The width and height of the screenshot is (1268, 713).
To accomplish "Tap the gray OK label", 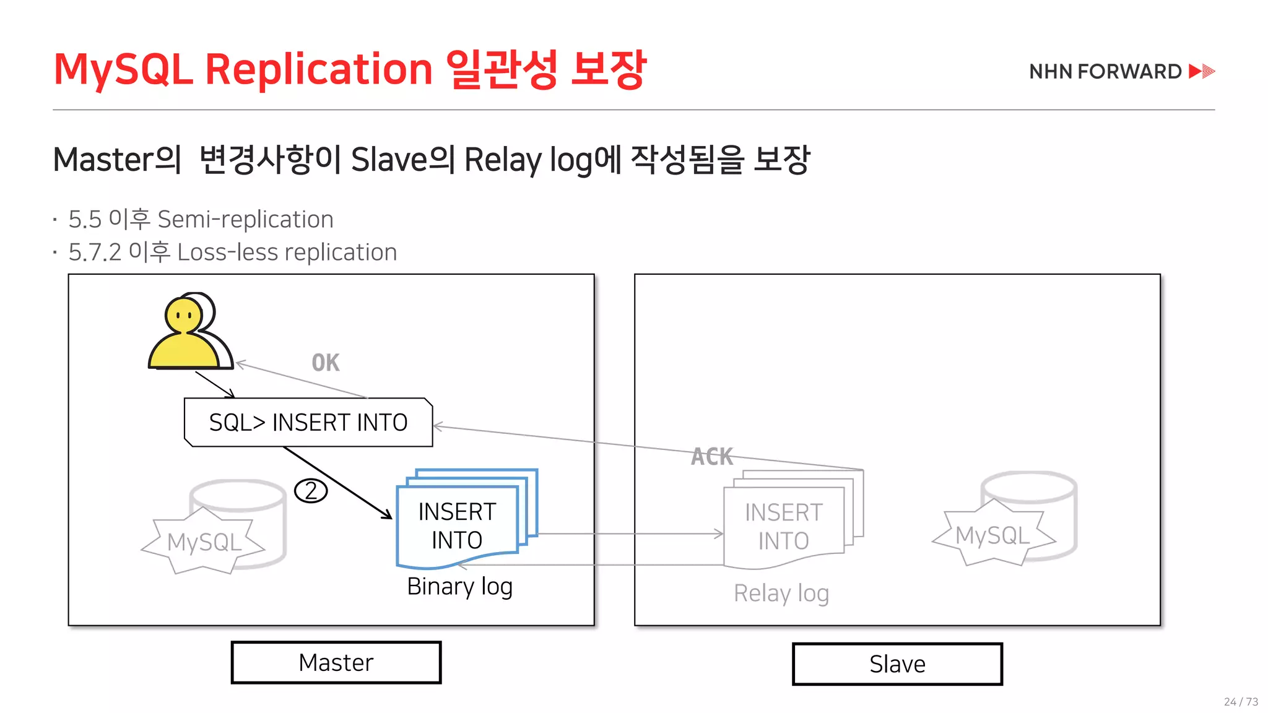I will pos(326,363).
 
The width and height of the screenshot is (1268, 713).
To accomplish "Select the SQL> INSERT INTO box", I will pos(308,423).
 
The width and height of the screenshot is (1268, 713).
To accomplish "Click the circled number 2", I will pos(311,491).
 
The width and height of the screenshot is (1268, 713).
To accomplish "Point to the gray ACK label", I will pos(712,457).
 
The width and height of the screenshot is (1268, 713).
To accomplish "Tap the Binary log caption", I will pos(459,586).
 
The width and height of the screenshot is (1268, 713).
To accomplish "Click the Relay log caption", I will pos(781,593).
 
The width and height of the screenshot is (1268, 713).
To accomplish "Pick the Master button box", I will pos(336,663).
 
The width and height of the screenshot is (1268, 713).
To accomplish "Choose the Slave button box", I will pos(897,664).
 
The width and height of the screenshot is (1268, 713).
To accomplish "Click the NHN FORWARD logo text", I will pos(1105,72).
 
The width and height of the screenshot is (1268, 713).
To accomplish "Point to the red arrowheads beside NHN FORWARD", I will pos(1202,71).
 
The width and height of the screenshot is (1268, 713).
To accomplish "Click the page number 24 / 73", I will pos(1241,702).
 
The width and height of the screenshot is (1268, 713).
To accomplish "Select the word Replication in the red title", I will pos(318,69).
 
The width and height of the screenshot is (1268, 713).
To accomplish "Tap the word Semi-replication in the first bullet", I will pos(245,219).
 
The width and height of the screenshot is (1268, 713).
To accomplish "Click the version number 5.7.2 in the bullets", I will pos(95,253).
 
